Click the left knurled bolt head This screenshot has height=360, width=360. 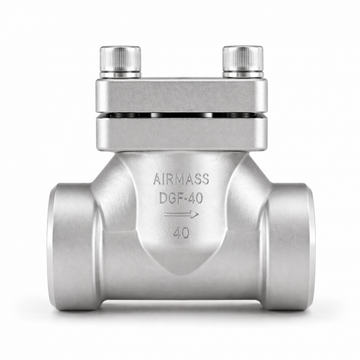[x=120, y=58]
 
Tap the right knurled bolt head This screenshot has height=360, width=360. [x=242, y=58]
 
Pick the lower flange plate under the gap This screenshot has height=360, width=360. [x=181, y=129]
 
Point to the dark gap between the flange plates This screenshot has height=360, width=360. [x=181, y=114]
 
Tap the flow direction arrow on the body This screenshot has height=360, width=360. [x=181, y=215]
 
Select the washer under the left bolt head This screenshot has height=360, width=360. [x=120, y=74]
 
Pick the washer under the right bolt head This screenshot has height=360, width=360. [x=242, y=74]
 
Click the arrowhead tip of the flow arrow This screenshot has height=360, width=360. [x=198, y=215]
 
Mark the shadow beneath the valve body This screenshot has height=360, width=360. [x=181, y=309]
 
